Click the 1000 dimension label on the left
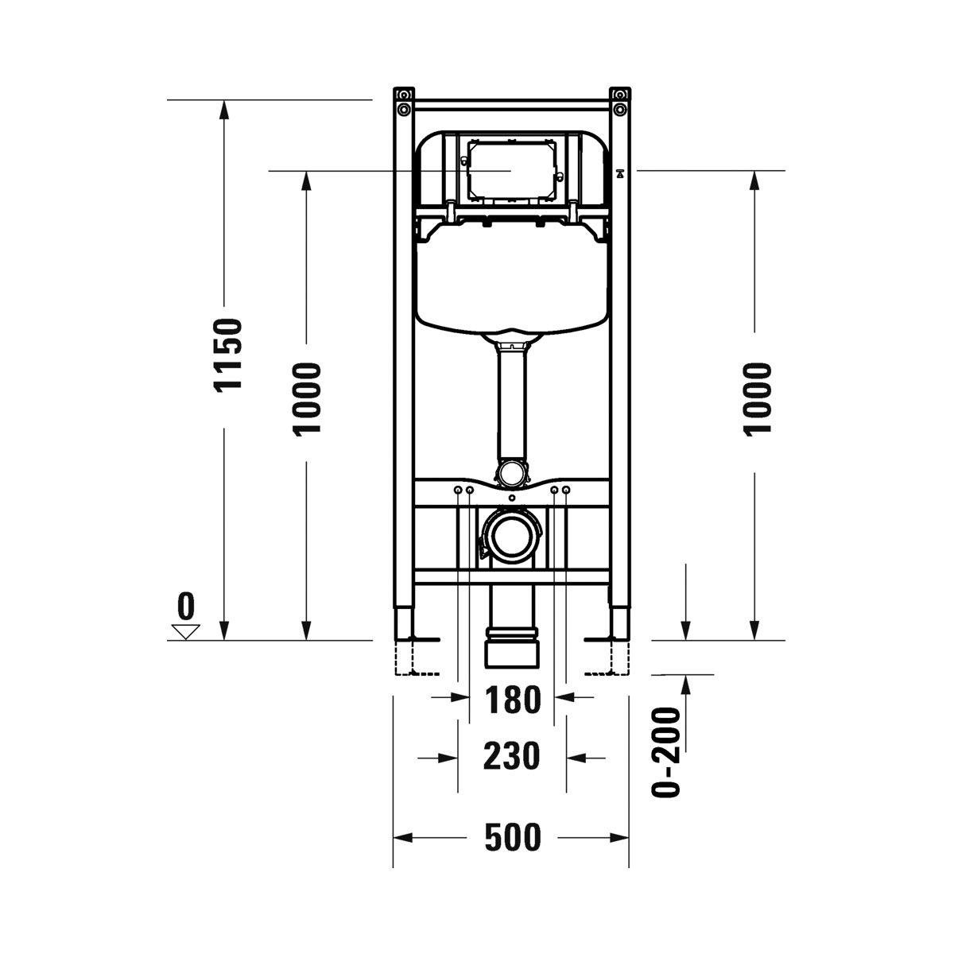(308, 400)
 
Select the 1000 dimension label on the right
(758, 400)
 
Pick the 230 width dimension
(511, 756)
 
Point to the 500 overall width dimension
(513, 837)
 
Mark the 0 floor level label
(186, 606)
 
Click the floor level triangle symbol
(186, 632)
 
